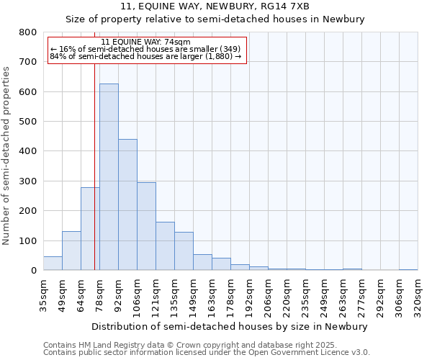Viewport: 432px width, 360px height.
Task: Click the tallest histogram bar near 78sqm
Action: (x=109, y=177)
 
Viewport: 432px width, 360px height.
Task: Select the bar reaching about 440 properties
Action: (x=127, y=204)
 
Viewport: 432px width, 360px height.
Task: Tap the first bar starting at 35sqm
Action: (x=53, y=264)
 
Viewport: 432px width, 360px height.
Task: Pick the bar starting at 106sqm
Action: (x=146, y=226)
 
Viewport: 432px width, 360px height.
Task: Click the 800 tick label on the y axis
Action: (x=28, y=32)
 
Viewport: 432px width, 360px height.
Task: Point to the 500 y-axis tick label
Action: (x=28, y=122)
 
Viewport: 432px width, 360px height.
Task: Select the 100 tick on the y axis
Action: (x=28, y=240)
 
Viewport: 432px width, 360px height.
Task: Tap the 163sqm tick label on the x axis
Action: (x=212, y=295)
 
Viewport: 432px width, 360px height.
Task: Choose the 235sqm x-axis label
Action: (x=305, y=295)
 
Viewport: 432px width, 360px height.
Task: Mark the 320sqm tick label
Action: (x=418, y=295)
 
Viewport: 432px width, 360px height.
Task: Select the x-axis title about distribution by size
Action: (x=230, y=326)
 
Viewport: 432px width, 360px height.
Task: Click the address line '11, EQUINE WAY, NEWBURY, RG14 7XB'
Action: (x=215, y=6)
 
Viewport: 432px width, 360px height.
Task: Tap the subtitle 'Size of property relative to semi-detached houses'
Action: (x=215, y=19)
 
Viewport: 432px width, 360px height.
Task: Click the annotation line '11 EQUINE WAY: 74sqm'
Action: (x=146, y=42)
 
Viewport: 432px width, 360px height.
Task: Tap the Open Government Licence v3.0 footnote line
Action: (x=207, y=352)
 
